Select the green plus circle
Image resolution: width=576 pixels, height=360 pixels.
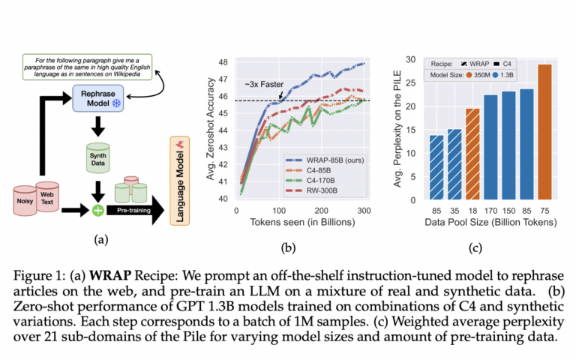pos(97,208)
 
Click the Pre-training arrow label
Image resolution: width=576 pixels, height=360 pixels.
pos(133,209)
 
